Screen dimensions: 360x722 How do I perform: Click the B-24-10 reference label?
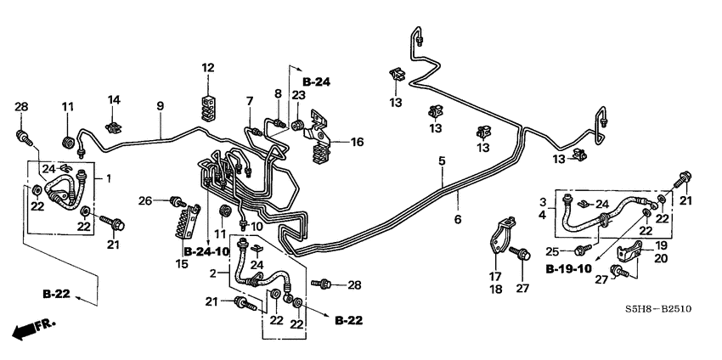(206, 251)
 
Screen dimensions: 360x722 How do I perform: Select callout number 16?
(357, 142)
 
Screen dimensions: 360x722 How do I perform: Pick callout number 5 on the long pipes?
(442, 160)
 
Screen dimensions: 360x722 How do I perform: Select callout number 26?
(145, 201)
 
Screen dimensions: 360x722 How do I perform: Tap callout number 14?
(114, 99)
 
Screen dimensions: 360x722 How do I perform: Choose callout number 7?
(250, 101)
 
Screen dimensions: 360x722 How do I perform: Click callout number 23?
(298, 96)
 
